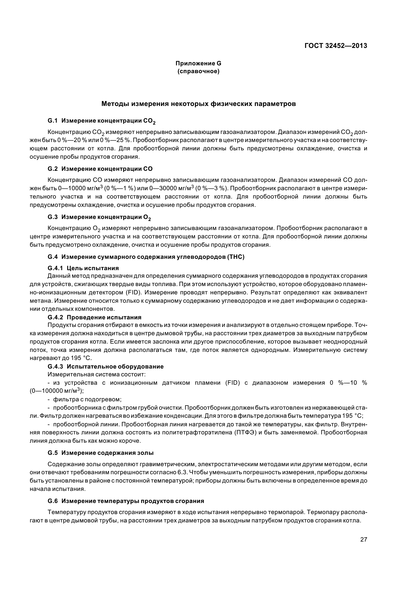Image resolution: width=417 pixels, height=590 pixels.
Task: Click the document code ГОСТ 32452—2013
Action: tap(336, 46)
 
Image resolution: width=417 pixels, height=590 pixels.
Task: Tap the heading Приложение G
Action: tap(198, 63)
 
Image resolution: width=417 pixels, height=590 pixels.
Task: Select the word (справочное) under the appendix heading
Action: tap(198, 71)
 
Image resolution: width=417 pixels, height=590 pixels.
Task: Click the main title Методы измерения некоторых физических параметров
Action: tap(198, 104)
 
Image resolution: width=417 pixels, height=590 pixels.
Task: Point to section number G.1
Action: tap(53, 121)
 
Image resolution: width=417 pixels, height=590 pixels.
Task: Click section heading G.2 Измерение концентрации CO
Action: tap(100, 169)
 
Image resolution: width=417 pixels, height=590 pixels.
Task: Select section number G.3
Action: tap(53, 217)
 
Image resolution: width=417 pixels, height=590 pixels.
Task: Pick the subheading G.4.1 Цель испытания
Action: tap(83, 268)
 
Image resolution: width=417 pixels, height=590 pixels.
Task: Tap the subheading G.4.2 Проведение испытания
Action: tap(94, 317)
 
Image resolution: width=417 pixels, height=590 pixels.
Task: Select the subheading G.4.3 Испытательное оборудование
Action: tap(106, 367)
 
